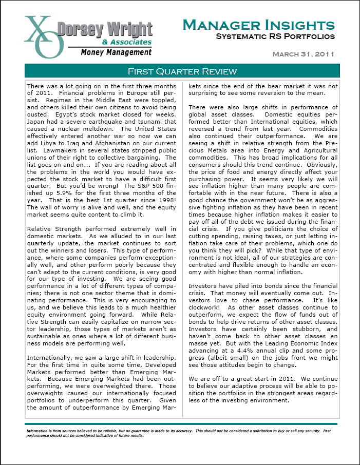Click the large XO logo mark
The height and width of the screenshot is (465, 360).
point(44,37)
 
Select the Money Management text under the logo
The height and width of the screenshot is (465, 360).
point(116,52)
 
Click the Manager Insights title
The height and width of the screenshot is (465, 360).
point(259,25)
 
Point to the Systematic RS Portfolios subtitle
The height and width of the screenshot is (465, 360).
point(275,36)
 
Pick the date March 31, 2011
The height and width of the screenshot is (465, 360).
point(303,54)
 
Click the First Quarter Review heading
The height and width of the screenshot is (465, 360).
point(182,71)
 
